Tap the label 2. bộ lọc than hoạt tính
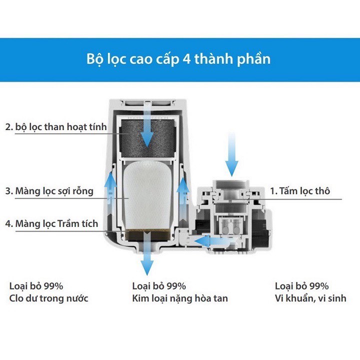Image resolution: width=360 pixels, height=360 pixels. coord(56,127)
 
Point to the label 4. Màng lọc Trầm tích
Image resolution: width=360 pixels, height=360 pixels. coord(51,223)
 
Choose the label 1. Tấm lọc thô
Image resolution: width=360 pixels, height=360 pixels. coord(300,191)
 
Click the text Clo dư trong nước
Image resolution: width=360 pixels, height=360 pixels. coord(49,298)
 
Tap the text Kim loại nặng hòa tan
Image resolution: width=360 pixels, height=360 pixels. coord(180,298)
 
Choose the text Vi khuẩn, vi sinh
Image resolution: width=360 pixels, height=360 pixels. coord(310,298)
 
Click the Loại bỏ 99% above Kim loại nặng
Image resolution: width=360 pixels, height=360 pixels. coord(159,286)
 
